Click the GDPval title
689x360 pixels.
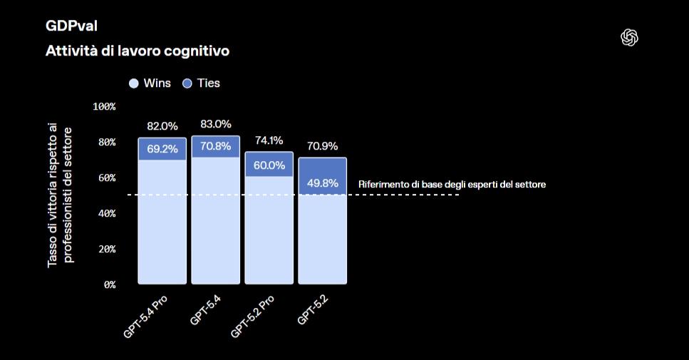coord(71,26)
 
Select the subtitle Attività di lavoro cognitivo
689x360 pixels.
coord(138,51)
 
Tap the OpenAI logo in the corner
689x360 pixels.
coord(629,38)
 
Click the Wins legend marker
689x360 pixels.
coord(133,83)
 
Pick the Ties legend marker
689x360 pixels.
coord(188,83)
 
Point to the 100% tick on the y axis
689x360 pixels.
coord(104,106)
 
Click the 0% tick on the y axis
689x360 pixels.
coord(109,284)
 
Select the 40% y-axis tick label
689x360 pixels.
coord(107,213)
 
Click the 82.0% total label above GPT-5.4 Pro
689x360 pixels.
coord(162,126)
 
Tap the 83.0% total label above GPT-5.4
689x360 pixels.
coord(216,124)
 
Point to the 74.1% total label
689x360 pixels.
coord(269,140)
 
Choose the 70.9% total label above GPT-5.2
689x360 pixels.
coord(322,146)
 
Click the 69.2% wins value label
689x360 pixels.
coord(162,150)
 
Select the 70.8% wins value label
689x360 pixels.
coord(216,148)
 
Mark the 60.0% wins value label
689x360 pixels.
coord(269,165)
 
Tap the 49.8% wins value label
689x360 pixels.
coord(322,183)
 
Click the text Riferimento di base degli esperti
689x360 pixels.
coord(452,184)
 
